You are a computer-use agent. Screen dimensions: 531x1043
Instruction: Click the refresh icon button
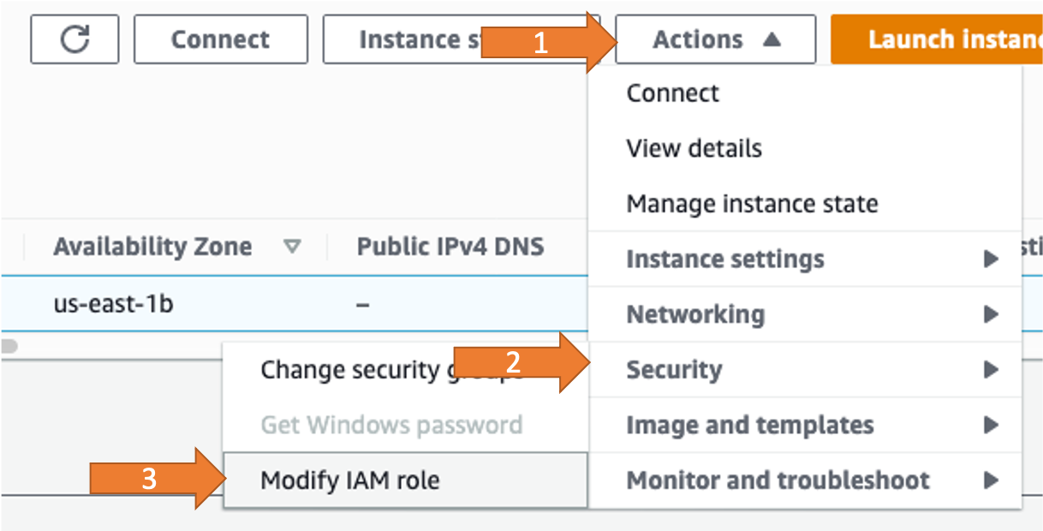pos(74,39)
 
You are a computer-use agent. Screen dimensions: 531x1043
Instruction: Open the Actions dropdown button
pos(715,39)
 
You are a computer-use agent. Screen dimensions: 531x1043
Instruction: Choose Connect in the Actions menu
pos(673,92)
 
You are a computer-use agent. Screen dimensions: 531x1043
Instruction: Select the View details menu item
pos(694,148)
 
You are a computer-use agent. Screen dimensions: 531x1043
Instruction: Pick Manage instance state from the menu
pos(752,204)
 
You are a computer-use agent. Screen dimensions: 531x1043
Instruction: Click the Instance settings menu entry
pos(725,259)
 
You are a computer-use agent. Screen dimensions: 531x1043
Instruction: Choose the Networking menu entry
pos(695,314)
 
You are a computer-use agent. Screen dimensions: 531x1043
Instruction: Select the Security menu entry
pos(675,370)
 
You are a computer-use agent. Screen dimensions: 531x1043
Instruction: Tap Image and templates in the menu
pos(750,425)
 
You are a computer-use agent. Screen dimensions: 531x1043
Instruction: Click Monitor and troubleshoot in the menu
pos(778,480)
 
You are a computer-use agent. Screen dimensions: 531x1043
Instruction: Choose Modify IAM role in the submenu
pos(349,480)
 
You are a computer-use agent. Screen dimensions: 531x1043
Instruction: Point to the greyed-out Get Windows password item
pos(390,425)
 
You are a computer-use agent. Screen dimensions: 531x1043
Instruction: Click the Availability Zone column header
pos(152,247)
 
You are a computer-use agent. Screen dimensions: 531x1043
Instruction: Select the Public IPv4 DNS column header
pos(450,247)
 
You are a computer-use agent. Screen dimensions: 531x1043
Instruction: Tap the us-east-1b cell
pos(113,302)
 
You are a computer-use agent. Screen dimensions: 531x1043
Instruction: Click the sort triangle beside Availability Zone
pos(293,248)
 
